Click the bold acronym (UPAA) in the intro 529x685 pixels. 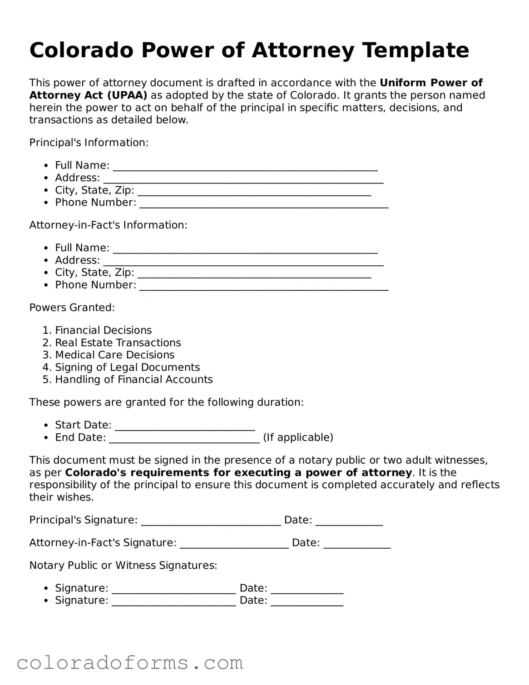coord(127,95)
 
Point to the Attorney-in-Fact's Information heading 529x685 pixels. coord(108,225)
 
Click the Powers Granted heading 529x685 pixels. coord(72,308)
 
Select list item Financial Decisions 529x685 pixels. coord(103,330)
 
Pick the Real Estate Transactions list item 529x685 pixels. coord(118,342)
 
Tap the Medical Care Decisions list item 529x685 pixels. coord(114,355)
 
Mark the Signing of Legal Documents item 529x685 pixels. coord(127,367)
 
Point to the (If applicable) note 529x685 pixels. coord(298,437)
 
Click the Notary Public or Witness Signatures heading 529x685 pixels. coord(123,566)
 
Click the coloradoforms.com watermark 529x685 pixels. coord(130,664)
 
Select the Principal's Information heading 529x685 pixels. coord(89,143)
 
